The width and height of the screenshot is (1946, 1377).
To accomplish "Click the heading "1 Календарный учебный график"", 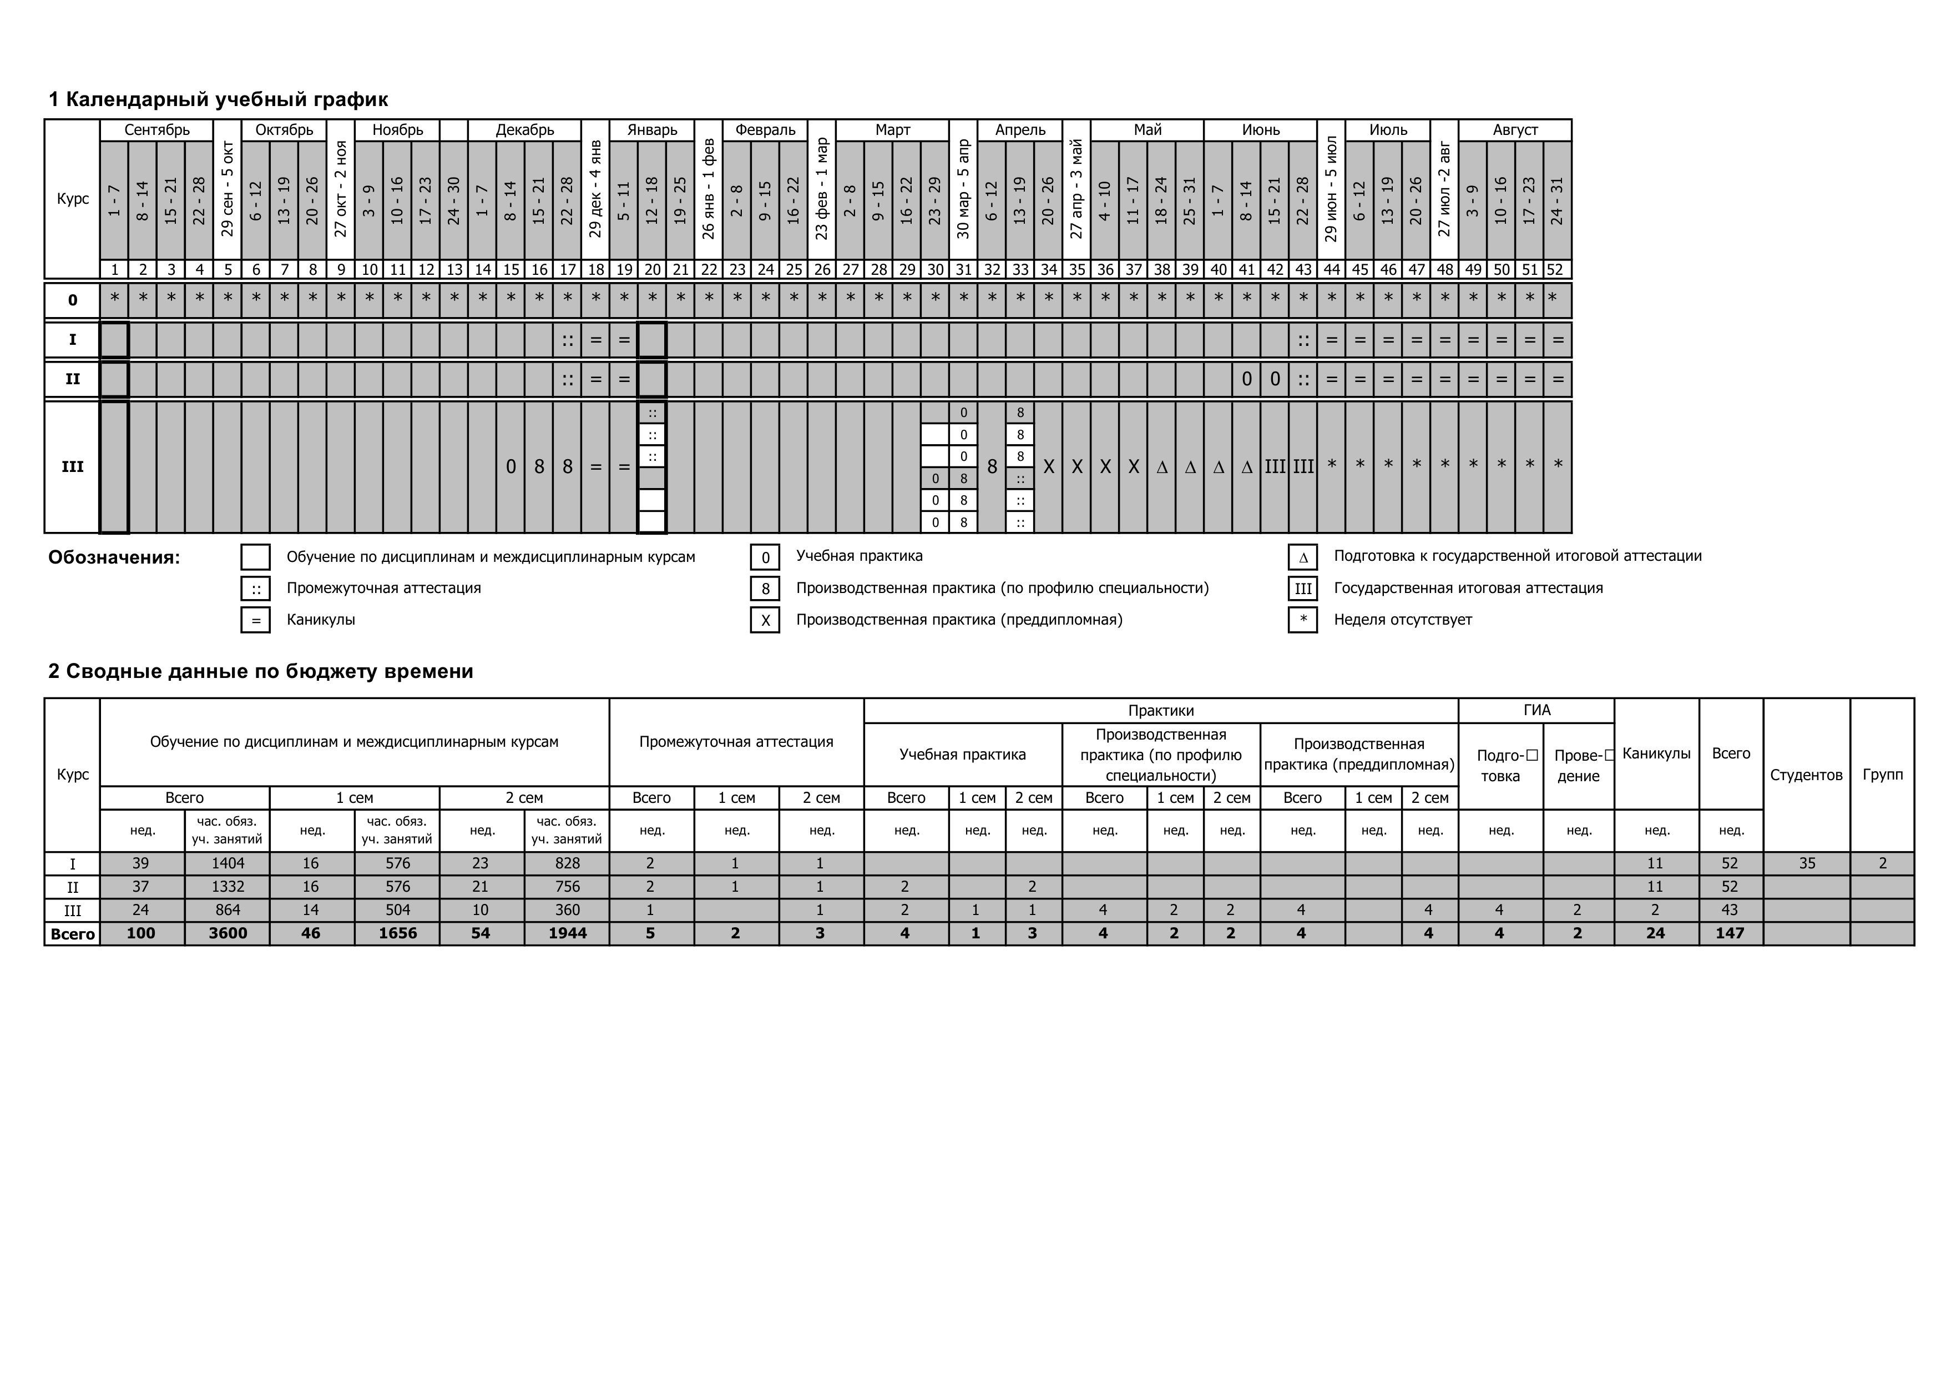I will tap(218, 99).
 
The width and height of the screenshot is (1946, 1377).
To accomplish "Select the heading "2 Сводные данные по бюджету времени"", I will tap(260, 671).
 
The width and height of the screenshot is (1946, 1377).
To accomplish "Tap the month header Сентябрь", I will tap(157, 130).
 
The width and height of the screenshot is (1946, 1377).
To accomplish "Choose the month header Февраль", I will tap(765, 130).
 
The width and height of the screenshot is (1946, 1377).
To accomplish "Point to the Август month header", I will tap(1515, 130).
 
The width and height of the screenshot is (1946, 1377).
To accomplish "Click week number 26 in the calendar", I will tap(822, 270).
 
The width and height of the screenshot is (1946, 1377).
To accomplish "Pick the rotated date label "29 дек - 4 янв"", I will tap(596, 189).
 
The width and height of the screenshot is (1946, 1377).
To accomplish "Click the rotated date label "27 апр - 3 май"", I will tap(1076, 189).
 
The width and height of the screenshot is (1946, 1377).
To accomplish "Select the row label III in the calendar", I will tap(73, 467).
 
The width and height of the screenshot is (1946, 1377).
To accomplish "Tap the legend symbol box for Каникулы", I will tap(256, 620).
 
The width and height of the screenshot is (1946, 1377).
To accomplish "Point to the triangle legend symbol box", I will tap(1303, 557).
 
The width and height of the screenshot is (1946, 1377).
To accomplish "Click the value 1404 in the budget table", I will tap(227, 863).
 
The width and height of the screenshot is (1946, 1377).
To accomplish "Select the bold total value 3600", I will tap(227, 933).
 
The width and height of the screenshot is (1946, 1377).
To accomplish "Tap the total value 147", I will tap(1730, 933).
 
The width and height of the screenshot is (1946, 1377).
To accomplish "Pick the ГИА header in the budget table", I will tap(1536, 711).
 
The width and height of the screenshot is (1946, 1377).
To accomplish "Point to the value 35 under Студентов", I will tap(1807, 863).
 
